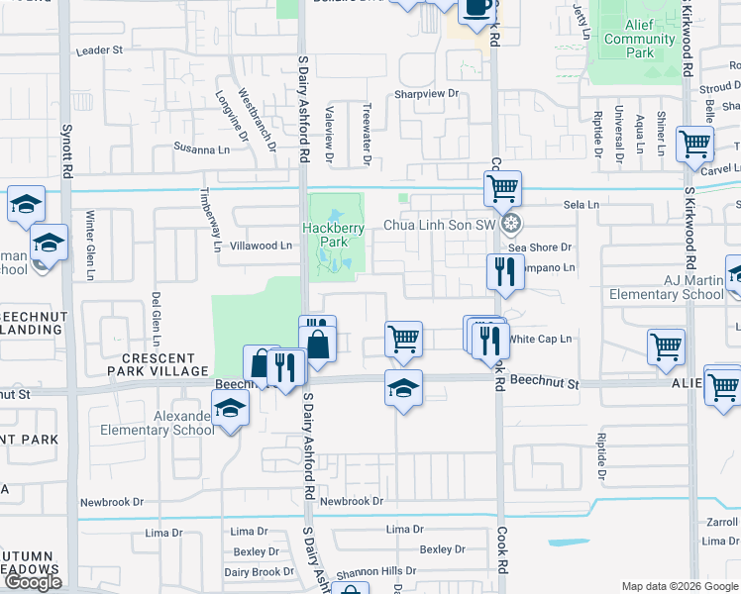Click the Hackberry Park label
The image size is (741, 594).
(334, 235)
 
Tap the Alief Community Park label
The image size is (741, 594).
(639, 40)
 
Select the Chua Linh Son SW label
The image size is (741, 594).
(438, 226)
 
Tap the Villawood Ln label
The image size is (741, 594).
(262, 246)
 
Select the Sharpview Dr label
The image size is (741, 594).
(428, 93)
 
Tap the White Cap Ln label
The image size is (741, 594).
(541, 339)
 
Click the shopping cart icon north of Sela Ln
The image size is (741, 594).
(503, 186)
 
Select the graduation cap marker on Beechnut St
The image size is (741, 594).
(403, 387)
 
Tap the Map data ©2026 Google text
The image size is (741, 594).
(679, 586)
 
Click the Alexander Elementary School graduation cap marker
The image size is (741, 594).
(230, 407)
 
